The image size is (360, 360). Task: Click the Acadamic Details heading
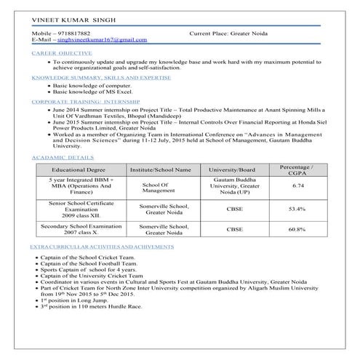click(x=62, y=158)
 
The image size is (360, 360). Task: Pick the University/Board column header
click(x=235, y=169)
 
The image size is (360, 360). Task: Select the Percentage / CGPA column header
click(x=297, y=169)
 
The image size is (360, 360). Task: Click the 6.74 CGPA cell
click(x=297, y=186)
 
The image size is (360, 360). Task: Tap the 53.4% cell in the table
click(x=297, y=209)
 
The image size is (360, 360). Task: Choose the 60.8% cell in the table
click(x=297, y=230)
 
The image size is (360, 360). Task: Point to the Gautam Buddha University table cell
click(x=235, y=186)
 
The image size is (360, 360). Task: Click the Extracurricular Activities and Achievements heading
click(x=102, y=247)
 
